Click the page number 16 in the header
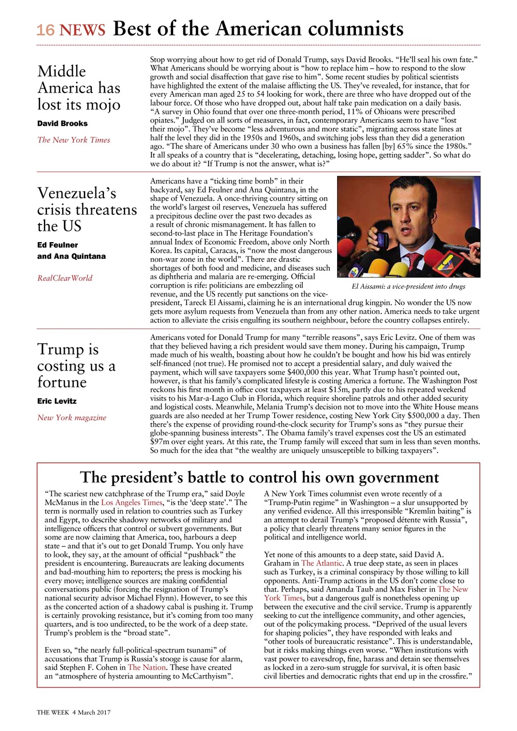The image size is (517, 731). point(46,30)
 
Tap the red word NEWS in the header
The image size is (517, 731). point(83,30)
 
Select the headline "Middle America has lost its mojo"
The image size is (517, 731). point(79,88)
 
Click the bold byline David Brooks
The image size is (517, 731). point(62,123)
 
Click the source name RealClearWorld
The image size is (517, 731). point(65,278)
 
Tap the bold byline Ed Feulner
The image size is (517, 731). point(58,245)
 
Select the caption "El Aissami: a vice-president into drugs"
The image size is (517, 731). point(408,286)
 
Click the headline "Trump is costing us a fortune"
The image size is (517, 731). point(77,365)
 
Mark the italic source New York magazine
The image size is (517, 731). point(71,417)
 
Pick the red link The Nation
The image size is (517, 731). point(146,666)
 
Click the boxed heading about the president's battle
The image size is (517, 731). point(259,477)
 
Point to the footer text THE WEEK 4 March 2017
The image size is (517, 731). point(74,712)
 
